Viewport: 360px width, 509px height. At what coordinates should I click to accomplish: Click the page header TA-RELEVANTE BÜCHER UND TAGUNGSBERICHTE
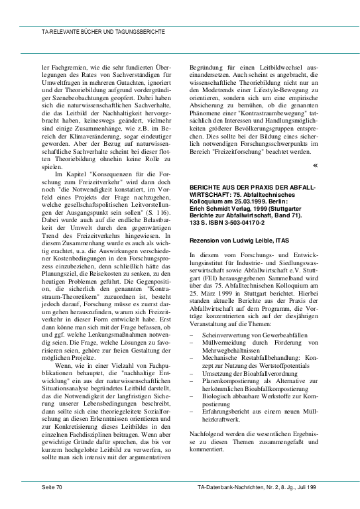point(94,31)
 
